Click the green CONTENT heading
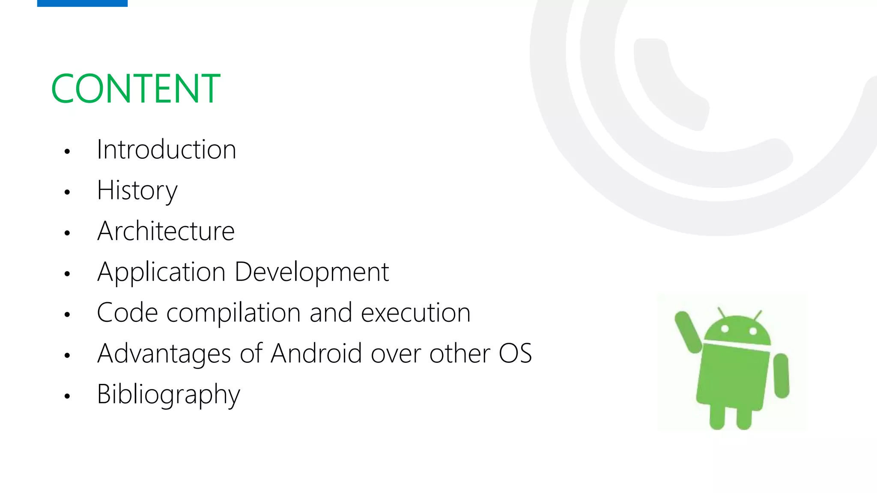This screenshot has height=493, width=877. pyautogui.click(x=135, y=89)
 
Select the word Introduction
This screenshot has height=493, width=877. pyautogui.click(x=166, y=150)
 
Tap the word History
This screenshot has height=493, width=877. pyautogui.click(x=137, y=190)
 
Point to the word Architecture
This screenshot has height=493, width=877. pyautogui.click(x=166, y=231)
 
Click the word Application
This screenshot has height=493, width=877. pyautogui.click(x=161, y=272)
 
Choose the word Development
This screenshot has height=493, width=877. pyautogui.click(x=312, y=272)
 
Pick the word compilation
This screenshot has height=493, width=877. pyautogui.click(x=233, y=313)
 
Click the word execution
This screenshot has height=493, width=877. pyautogui.click(x=415, y=313)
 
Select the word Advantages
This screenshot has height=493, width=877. pyautogui.click(x=164, y=354)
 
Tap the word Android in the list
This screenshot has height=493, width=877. pyautogui.click(x=316, y=353)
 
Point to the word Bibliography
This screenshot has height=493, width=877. pyautogui.click(x=168, y=395)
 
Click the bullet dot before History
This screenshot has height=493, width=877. pyautogui.click(x=67, y=192)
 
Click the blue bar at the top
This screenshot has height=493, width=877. pyautogui.click(x=82, y=3)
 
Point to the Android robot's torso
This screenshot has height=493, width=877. pyautogui.click(x=733, y=377)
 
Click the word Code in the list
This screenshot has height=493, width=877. pyautogui.click(x=127, y=313)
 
